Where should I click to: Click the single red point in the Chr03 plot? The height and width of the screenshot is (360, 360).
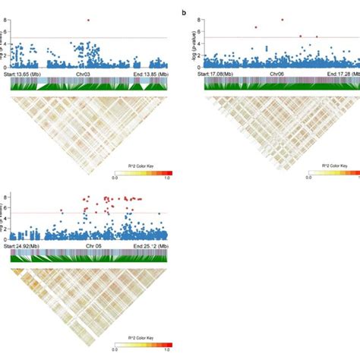click(89, 20)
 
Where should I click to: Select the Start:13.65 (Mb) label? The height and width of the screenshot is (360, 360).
click(29, 73)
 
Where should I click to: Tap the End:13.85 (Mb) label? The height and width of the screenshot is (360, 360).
click(148, 73)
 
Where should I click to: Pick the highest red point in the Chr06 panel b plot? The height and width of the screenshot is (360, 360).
click(283, 20)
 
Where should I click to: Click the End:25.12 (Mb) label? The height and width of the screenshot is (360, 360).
click(148, 247)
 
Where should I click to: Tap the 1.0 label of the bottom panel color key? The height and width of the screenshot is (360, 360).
click(166, 352)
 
